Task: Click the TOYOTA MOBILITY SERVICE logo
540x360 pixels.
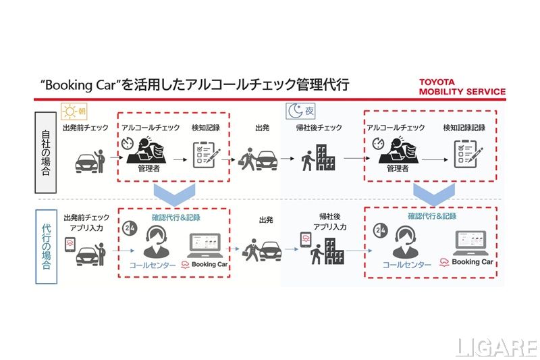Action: tap(462, 86)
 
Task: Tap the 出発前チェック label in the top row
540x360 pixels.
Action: tap(86, 128)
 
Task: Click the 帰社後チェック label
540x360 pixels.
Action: tap(319, 128)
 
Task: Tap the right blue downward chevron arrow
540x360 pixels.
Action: tap(433, 192)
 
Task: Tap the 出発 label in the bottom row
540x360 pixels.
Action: tap(267, 220)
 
